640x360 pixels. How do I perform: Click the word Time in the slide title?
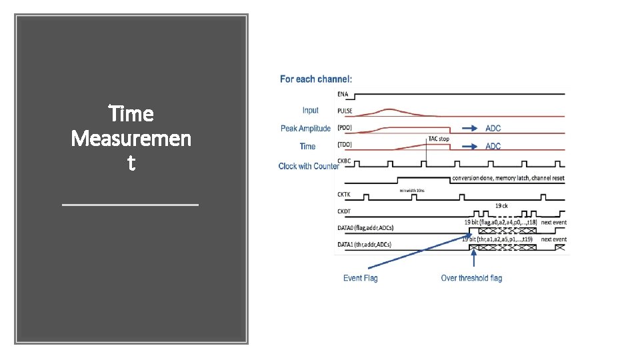131,114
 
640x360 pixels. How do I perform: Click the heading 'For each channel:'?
316,79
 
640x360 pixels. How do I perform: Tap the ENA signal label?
343,95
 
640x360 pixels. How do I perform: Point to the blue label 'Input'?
310,111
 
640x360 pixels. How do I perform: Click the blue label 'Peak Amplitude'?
305,129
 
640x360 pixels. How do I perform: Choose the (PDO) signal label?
345,129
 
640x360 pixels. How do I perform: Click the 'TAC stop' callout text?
438,139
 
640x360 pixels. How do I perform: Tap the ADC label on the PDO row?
493,129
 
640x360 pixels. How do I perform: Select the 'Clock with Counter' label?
309,166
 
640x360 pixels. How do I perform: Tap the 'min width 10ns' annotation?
412,191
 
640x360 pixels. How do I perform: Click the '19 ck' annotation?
502,206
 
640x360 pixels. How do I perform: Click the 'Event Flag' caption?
360,278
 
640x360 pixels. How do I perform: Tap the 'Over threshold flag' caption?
471,278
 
